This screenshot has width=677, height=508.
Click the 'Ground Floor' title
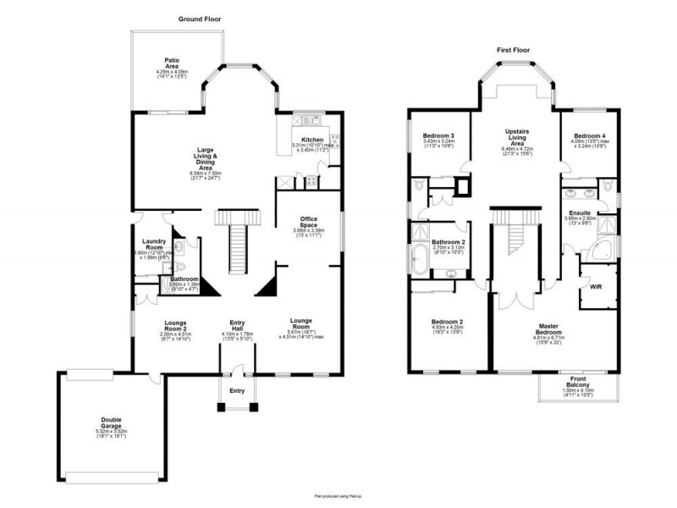coord(200,19)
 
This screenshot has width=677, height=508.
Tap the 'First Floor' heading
coord(513,50)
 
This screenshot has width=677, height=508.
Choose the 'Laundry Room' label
coord(153,243)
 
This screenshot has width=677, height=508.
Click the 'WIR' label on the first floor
coord(596,288)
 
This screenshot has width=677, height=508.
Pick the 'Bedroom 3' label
coord(439,135)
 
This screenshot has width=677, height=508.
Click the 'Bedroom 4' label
coord(589,135)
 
